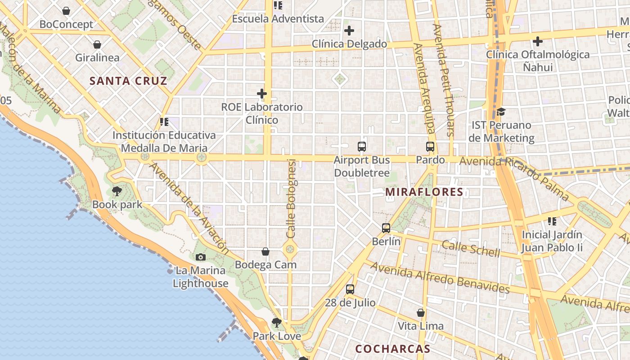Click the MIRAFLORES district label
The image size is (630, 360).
[x=424, y=192]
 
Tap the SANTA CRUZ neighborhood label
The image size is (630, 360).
[x=128, y=81]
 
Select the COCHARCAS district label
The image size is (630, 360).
[x=392, y=349]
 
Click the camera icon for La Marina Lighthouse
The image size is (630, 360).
[x=201, y=257]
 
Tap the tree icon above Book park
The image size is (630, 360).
[x=117, y=191]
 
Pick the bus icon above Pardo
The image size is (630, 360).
[x=430, y=146]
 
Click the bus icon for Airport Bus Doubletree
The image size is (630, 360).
[x=362, y=146]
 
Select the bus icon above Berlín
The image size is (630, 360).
[x=386, y=228]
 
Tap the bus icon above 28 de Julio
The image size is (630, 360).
[x=350, y=289]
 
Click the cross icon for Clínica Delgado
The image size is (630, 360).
[x=349, y=31]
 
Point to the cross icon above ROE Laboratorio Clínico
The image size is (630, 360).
[x=262, y=94]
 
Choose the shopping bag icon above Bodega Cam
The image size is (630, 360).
[x=265, y=251]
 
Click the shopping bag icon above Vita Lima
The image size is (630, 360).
[x=421, y=313]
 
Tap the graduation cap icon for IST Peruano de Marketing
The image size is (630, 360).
[x=501, y=112]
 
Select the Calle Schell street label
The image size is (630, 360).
[x=471, y=248]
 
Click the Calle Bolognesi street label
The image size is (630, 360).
[x=291, y=198]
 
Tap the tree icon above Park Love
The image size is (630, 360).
[x=277, y=322]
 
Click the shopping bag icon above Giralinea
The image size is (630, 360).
[x=97, y=44]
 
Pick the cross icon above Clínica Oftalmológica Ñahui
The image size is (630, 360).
[x=537, y=41]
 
